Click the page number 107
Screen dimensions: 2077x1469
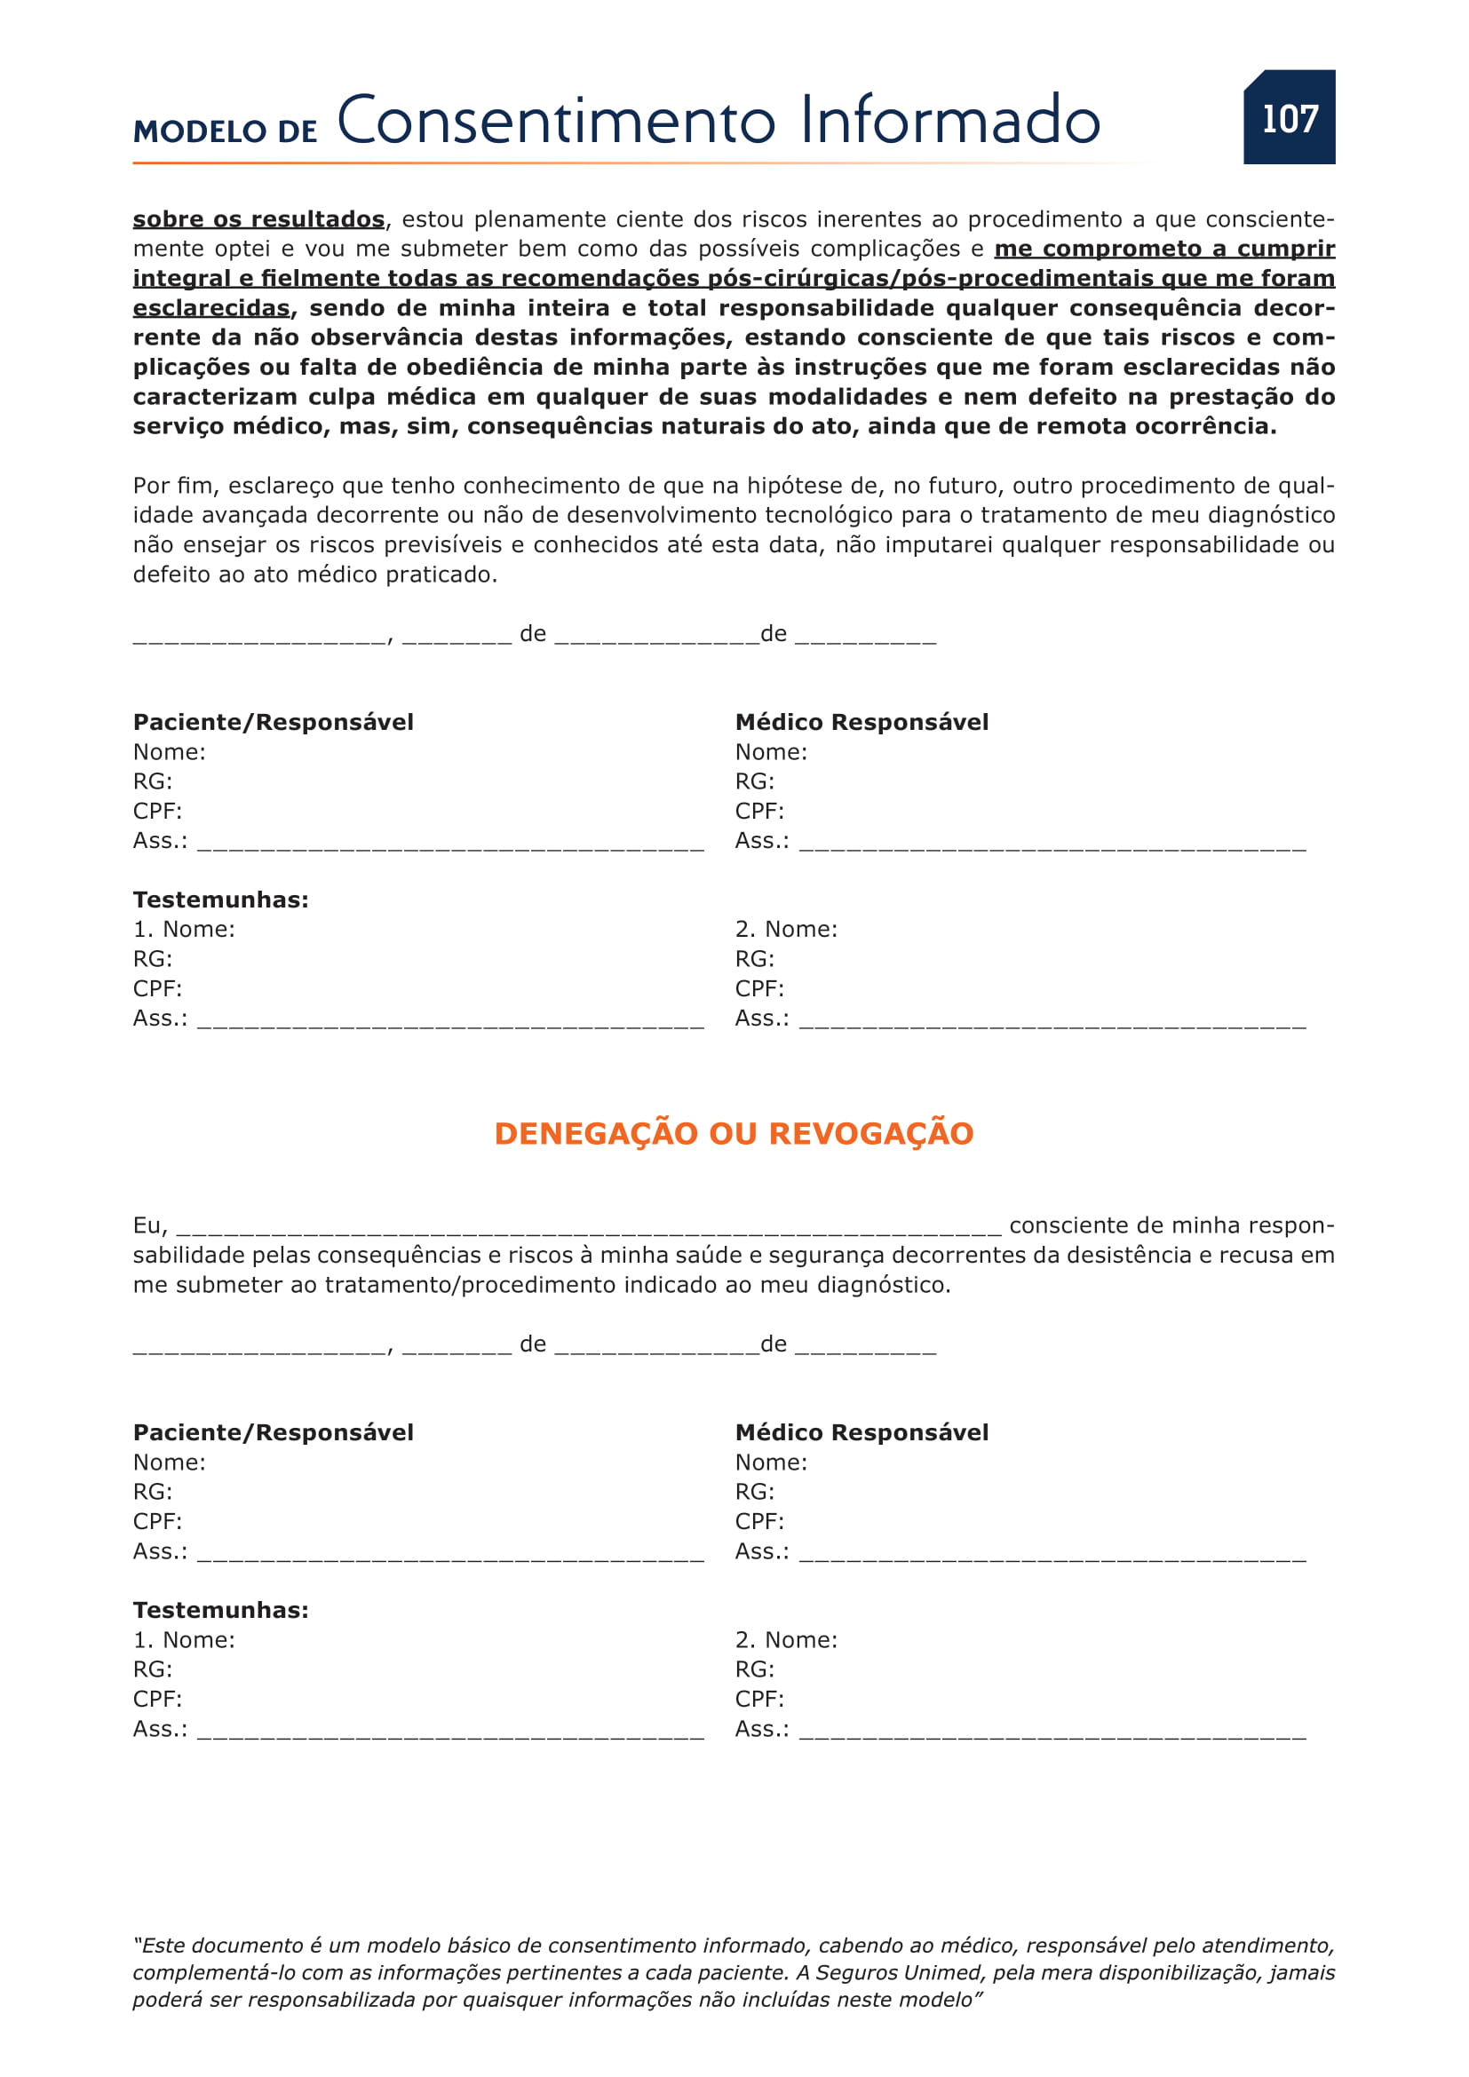pyautogui.click(x=1289, y=118)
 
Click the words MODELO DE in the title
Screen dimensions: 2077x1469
pyautogui.click(x=226, y=131)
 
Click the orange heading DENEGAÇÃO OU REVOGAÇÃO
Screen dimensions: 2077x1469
pyautogui.click(x=734, y=1133)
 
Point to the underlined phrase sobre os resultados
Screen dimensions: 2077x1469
pyautogui.click(x=258, y=219)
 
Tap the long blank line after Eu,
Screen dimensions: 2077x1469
pyautogui.click(x=589, y=1230)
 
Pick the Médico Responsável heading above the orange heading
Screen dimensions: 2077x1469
pyautogui.click(x=862, y=722)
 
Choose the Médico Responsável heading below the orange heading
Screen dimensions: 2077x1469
pyautogui.click(x=862, y=1432)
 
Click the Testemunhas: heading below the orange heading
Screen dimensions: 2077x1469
pyautogui.click(x=221, y=1610)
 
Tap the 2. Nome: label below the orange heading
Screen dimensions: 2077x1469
pyautogui.click(x=785, y=1640)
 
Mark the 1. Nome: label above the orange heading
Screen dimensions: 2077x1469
pyautogui.click(x=184, y=929)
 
